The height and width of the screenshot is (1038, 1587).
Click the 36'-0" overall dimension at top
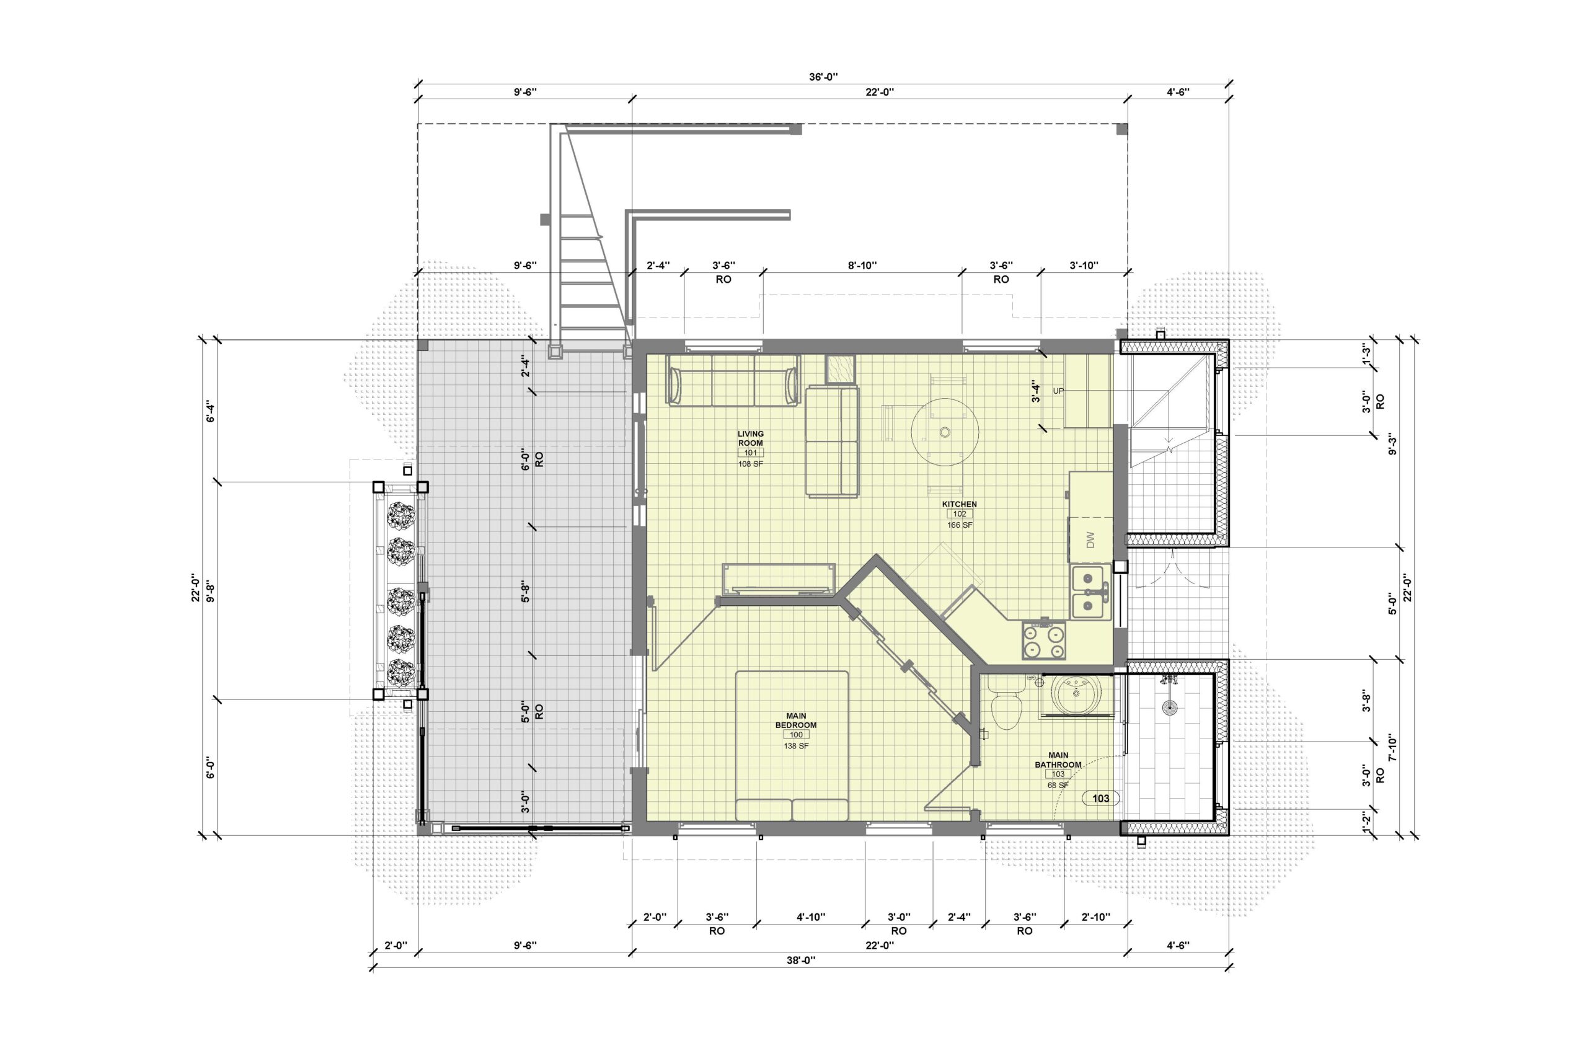[x=823, y=77]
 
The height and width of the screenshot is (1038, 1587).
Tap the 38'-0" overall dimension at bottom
[x=801, y=960]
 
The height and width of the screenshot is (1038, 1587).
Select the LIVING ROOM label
[x=750, y=438]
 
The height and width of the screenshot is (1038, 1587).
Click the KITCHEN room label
[x=959, y=504]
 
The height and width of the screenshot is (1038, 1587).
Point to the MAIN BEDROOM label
[x=795, y=721]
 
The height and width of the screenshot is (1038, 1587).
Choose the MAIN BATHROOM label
[x=1058, y=760]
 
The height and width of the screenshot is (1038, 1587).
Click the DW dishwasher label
[x=1090, y=539]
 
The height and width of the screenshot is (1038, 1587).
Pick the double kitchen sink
[x=1090, y=592]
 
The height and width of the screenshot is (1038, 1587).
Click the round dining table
[x=945, y=432]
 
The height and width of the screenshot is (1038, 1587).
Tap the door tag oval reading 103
[x=1100, y=798]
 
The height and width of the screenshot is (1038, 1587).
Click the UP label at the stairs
[x=1058, y=391]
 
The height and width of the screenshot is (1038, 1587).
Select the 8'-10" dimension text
[x=862, y=265]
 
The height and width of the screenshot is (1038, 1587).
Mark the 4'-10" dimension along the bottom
[x=811, y=916]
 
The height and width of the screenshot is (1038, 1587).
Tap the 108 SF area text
[x=750, y=464]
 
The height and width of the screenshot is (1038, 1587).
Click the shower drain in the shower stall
[x=1169, y=708]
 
